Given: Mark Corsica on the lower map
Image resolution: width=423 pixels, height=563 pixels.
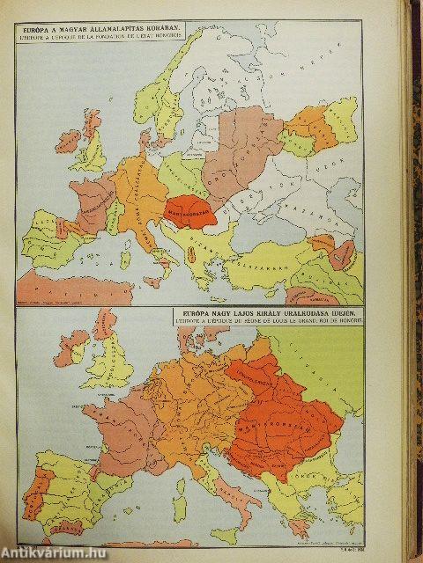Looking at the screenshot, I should [x=180, y=471].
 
